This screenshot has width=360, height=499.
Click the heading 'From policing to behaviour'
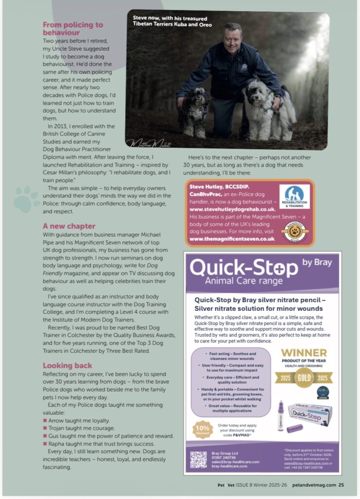[73, 28]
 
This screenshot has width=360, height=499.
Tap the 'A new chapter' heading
[69, 226]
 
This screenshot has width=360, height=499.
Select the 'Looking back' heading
[68, 365]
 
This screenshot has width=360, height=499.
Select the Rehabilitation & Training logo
[294, 197]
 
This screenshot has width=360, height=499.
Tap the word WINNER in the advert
[304, 353]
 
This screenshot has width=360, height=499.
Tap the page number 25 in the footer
[341, 485]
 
